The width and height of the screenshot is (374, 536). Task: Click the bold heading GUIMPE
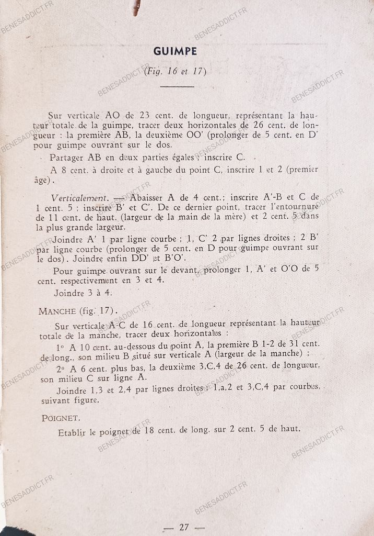point(175,51)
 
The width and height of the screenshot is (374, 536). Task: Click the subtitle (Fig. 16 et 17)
point(175,71)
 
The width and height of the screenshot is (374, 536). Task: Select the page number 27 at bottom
point(184,527)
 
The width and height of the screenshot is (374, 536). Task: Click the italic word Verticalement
point(79,198)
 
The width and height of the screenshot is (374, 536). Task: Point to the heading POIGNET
point(61,418)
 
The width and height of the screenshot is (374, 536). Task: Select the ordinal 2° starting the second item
point(60,367)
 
